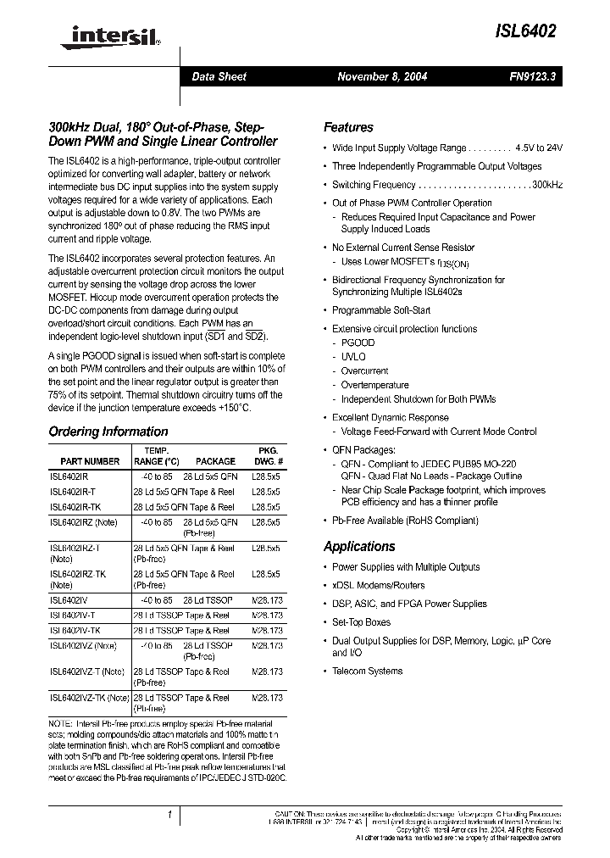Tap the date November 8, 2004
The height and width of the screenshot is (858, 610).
pyautogui.click(x=382, y=76)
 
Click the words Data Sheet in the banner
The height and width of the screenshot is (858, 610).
pyautogui.click(x=219, y=76)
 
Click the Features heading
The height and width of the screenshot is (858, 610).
pyautogui.click(x=348, y=127)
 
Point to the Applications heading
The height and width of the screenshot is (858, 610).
pyautogui.click(x=359, y=547)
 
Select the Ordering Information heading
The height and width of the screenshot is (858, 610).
pyautogui.click(x=108, y=432)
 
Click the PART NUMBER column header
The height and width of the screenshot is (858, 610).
pyautogui.click(x=91, y=461)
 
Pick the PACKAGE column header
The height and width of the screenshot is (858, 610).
pyautogui.click(x=215, y=461)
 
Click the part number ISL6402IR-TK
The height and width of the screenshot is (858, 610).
pyautogui.click(x=80, y=507)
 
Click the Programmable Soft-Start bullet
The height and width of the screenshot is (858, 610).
pyautogui.click(x=381, y=310)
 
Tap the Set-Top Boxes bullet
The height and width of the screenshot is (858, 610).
pyautogui.click(x=361, y=622)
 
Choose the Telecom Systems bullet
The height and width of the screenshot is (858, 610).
pyautogui.click(x=367, y=671)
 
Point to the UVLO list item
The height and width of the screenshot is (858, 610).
pyautogui.click(x=353, y=357)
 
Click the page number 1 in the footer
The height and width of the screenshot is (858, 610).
pyautogui.click(x=169, y=816)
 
